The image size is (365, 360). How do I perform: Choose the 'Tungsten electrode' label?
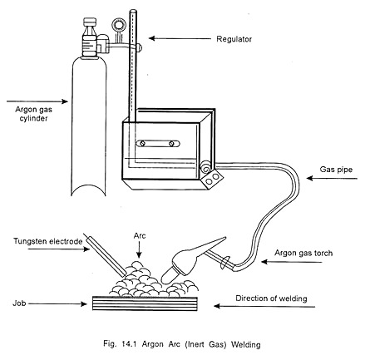(47, 241)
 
